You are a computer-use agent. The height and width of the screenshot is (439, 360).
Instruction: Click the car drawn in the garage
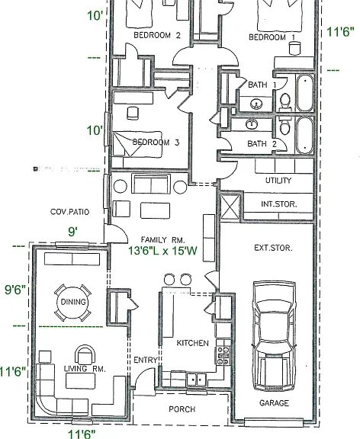tap(274, 336)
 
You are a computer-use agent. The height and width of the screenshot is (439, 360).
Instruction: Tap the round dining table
tap(73, 303)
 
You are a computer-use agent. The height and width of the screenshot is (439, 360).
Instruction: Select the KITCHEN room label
tap(192, 343)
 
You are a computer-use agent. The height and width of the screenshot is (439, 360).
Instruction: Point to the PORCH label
tap(182, 409)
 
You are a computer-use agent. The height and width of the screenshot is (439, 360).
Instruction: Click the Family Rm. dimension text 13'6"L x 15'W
tap(162, 251)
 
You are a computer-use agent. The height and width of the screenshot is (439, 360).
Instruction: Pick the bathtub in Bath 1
tap(305, 93)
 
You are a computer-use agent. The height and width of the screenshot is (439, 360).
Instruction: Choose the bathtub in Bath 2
tap(305, 135)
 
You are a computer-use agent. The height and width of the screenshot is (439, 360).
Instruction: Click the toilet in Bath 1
tap(285, 102)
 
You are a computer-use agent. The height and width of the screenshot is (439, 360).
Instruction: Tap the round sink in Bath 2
tap(252, 123)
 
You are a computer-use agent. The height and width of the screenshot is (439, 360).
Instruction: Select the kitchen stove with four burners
tap(223, 356)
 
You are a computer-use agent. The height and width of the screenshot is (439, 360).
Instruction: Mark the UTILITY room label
tap(278, 181)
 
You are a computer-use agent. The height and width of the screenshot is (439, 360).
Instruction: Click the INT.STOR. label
tap(278, 204)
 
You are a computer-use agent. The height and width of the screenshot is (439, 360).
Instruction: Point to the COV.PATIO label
tap(69, 212)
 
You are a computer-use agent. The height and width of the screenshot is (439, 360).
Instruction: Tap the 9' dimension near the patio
tap(73, 232)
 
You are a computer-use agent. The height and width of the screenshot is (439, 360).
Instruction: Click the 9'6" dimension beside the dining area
tap(15, 290)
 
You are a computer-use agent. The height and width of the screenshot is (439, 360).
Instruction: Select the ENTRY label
tap(145, 360)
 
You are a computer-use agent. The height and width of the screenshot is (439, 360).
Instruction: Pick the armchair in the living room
tap(85, 354)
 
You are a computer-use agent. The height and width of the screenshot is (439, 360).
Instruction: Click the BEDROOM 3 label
tap(156, 143)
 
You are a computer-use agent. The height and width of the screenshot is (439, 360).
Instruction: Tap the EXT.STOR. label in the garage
tap(273, 248)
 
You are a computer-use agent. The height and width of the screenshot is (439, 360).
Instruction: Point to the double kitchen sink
tap(196, 380)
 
